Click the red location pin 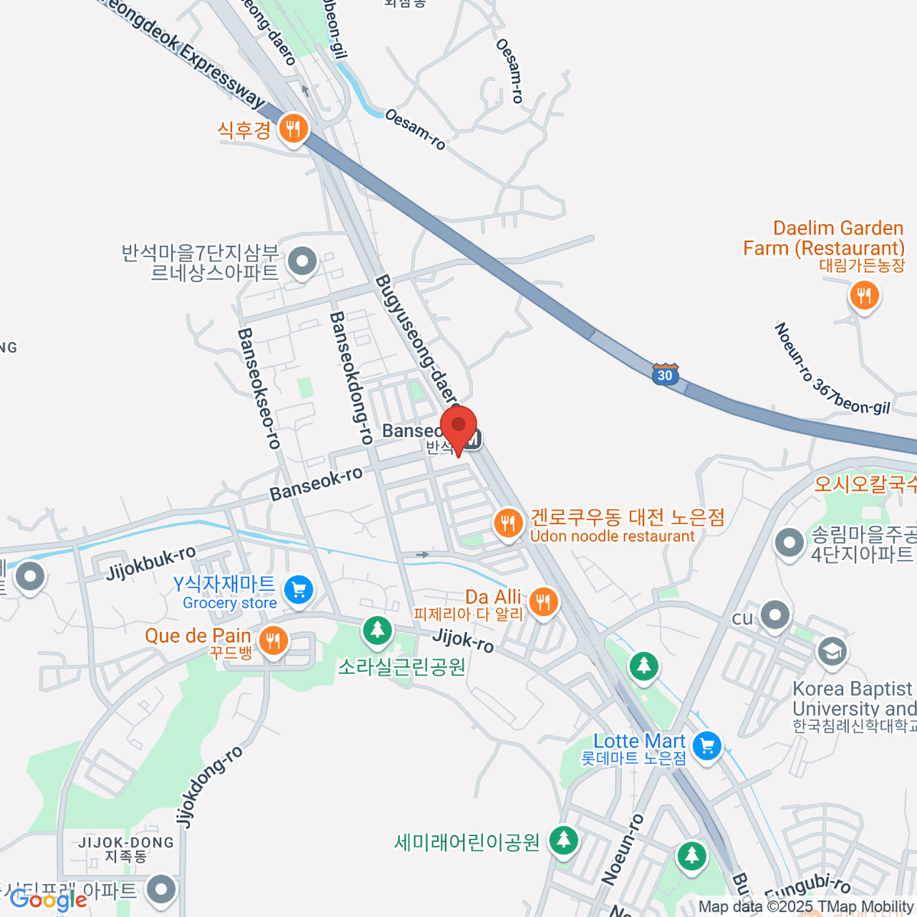tap(458, 427)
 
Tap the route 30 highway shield tap(665, 374)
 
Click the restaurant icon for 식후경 tap(292, 128)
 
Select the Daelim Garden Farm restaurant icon tap(864, 295)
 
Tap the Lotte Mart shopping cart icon tap(707, 744)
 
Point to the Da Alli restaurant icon tap(543, 602)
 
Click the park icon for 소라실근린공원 tap(377, 630)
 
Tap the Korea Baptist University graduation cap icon tap(831, 651)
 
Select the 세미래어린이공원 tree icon tap(563, 841)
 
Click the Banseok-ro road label tap(316, 484)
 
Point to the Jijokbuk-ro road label tap(151, 562)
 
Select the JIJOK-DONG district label tap(126, 842)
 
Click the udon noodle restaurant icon tap(507, 524)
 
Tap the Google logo tap(48, 900)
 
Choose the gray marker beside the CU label tap(776, 615)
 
